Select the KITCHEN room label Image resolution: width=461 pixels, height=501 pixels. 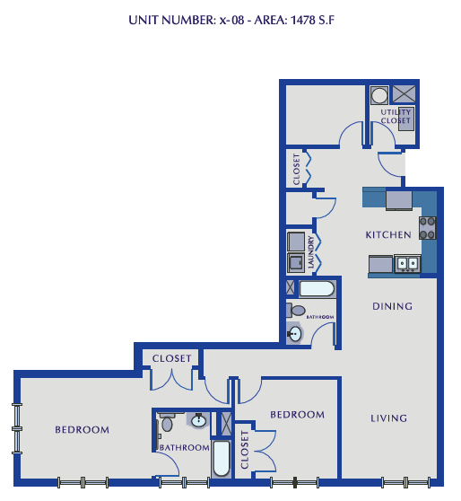(387, 234)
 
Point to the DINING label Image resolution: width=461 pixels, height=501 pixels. (392, 306)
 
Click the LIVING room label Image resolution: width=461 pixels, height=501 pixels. (388, 417)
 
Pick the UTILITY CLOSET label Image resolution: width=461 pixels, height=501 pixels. (396, 116)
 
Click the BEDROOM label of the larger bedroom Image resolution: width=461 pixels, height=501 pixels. (82, 429)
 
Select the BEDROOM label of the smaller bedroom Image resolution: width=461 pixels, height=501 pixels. (297, 414)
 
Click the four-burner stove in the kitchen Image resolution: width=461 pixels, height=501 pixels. (428, 228)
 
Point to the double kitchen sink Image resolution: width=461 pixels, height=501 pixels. (408, 264)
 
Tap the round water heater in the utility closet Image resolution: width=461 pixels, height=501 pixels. (379, 94)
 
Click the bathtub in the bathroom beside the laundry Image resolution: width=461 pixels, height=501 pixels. (317, 289)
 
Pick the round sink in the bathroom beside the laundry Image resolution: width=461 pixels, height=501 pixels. (296, 333)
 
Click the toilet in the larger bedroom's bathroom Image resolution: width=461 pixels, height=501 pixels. (166, 424)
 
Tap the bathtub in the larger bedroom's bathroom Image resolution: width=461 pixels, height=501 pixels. (221, 457)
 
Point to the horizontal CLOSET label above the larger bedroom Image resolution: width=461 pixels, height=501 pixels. (171, 358)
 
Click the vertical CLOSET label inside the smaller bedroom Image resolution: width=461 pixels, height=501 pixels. (245, 453)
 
